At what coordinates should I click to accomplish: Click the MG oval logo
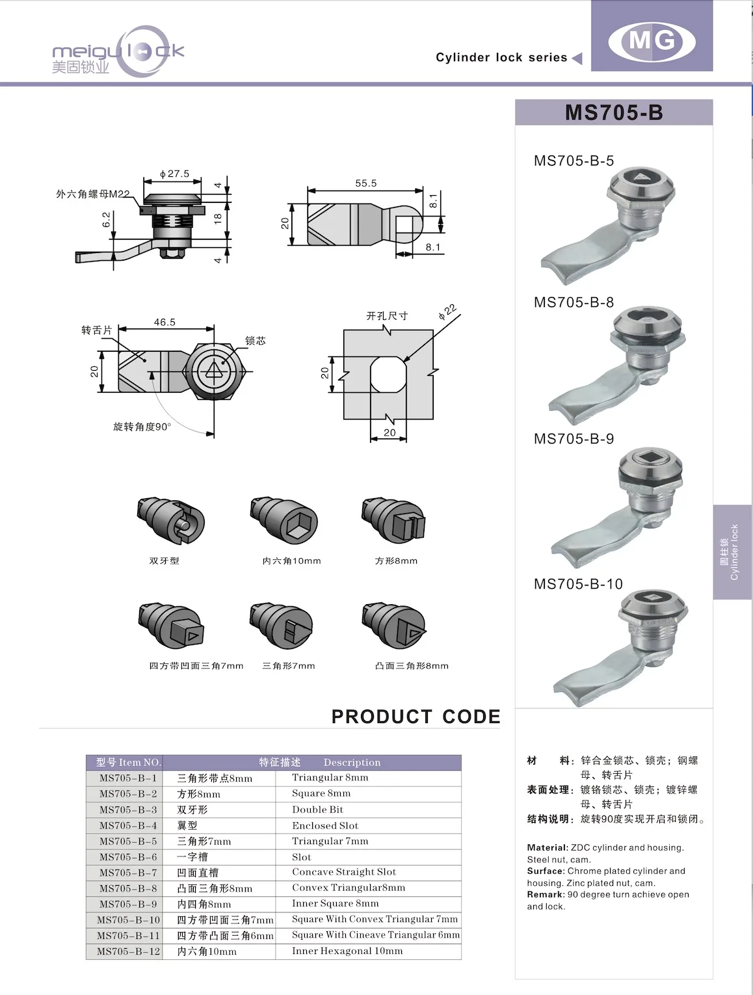coord(652,42)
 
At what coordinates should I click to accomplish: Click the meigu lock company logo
coord(118,53)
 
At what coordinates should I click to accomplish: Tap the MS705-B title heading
coord(613,113)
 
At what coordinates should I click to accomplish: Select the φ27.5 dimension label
coord(174,174)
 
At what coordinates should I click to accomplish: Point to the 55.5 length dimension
coord(365,183)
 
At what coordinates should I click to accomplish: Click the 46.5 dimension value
coord(165,322)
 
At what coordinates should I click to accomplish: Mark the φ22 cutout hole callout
coord(447,312)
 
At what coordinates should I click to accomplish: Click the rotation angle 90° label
coord(142,427)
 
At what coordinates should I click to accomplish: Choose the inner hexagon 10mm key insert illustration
coord(283,522)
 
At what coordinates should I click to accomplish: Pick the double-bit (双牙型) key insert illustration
coord(171,522)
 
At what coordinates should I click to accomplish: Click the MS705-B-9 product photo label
coord(574,439)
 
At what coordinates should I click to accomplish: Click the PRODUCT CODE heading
coord(416,717)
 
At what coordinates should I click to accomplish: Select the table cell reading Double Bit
coord(317,810)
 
